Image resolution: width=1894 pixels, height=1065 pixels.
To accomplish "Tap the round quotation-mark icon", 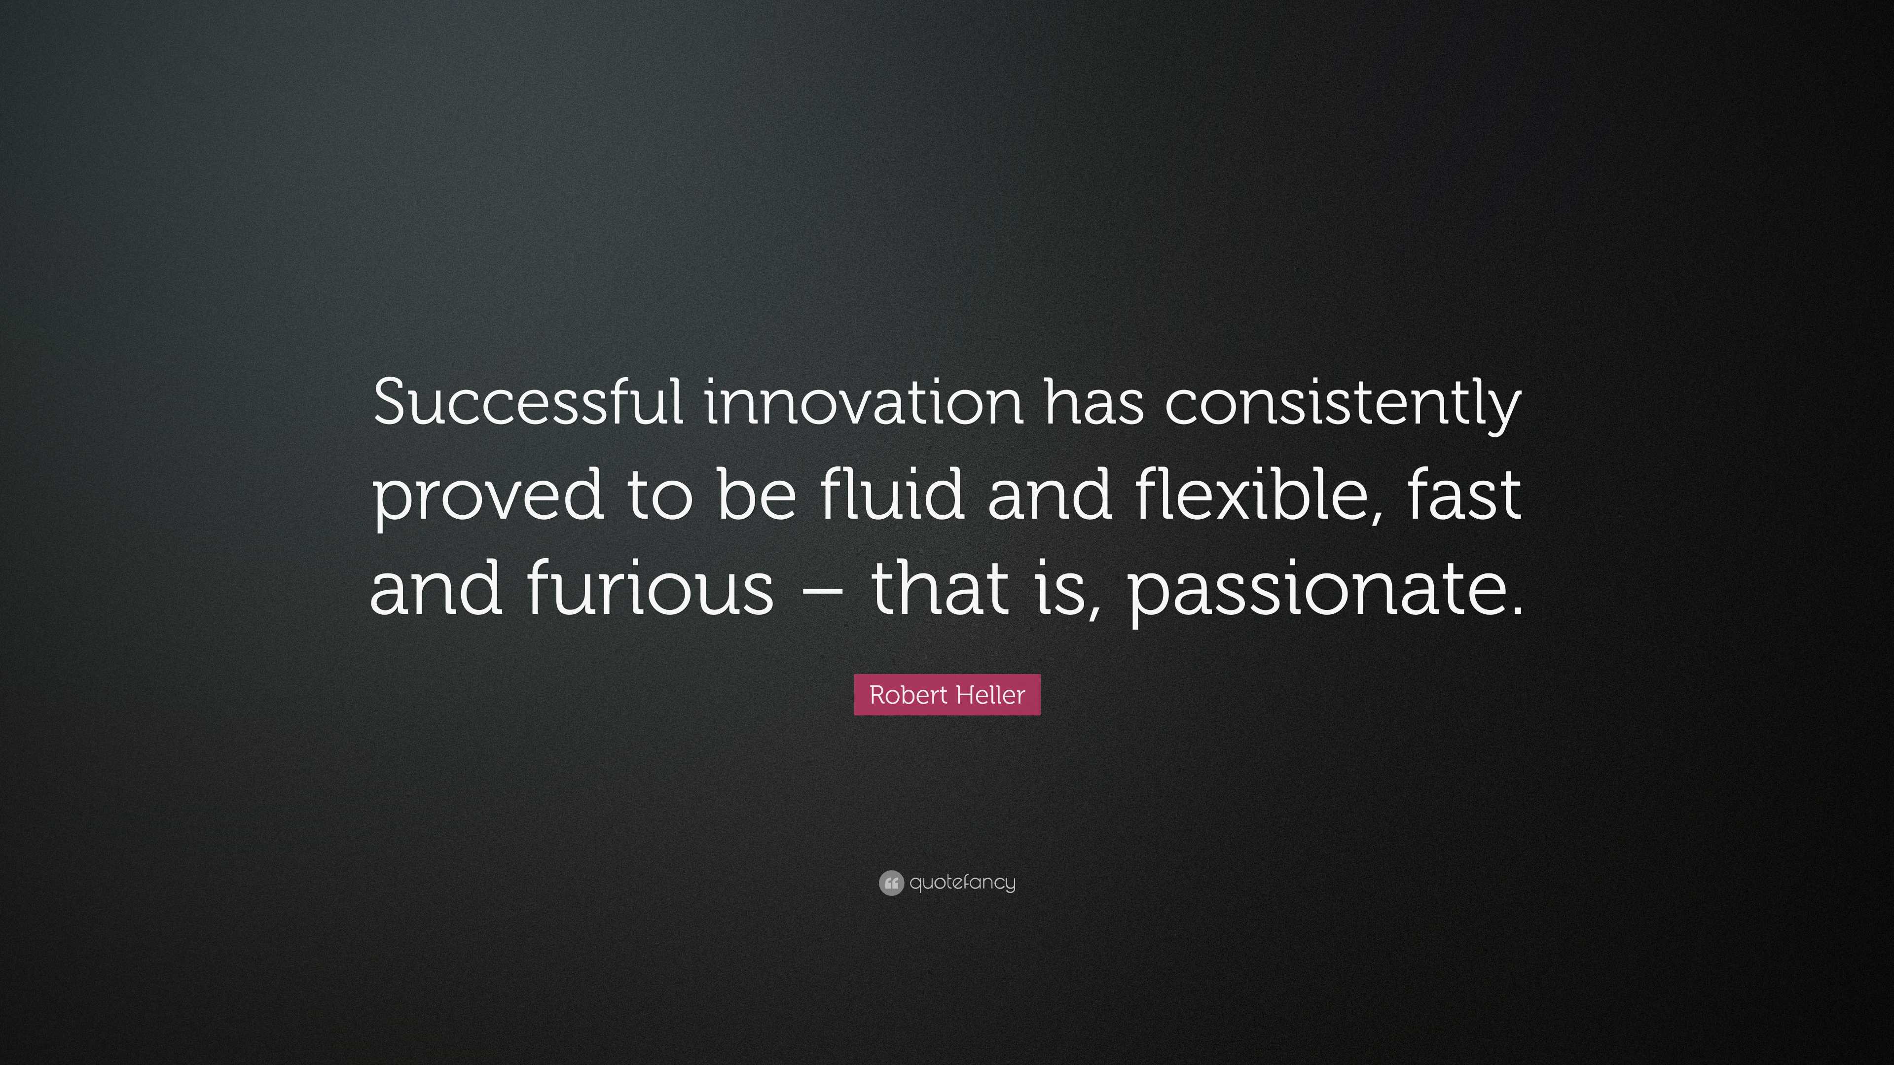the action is coord(891,883).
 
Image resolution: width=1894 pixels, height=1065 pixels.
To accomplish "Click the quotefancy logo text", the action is coord(962,883).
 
